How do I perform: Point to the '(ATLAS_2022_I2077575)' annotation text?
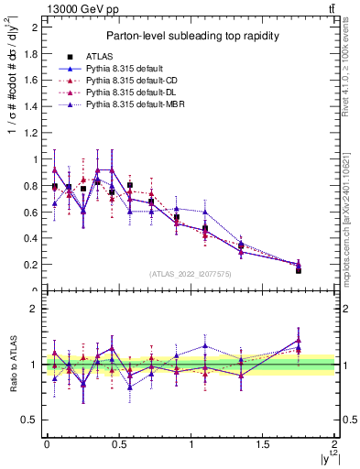191,274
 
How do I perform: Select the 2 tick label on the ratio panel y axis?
36,309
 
